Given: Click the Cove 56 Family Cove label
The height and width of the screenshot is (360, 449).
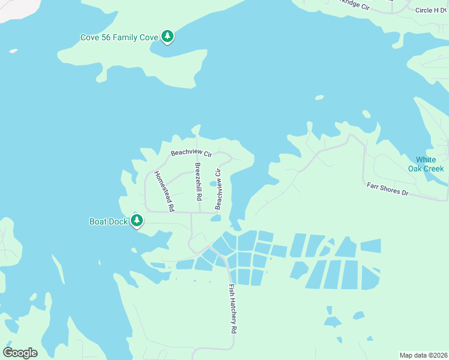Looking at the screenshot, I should tap(119, 37).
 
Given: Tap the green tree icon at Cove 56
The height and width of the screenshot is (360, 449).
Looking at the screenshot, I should tap(168, 37).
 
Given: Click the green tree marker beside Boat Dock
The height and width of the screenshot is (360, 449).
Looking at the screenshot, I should tap(137, 221).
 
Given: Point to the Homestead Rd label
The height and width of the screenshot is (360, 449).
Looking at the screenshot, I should tap(164, 191).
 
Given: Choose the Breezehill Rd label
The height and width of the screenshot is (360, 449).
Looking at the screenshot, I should tap(197, 181).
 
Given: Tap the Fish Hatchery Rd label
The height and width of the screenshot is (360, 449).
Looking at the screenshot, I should tap(232, 308).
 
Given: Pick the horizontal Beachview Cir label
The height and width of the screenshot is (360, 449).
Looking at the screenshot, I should tap(191, 154).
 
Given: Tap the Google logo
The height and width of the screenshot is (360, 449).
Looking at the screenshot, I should tap(20, 352).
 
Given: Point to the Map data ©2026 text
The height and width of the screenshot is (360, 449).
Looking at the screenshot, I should tap(424, 355).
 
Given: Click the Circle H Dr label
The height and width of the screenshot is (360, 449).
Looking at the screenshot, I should tap(432, 10).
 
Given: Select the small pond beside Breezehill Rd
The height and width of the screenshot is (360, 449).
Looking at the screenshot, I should tap(213, 184).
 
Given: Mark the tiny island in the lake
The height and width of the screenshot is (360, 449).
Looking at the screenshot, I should tap(319, 97).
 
